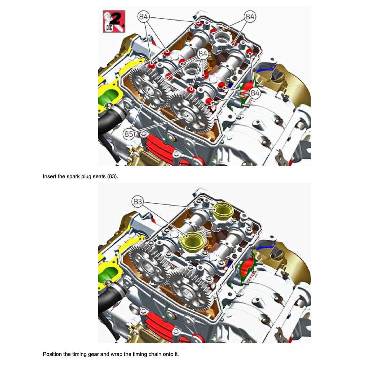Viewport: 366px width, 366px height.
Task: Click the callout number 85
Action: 129,134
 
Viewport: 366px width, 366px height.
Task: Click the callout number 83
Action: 138,202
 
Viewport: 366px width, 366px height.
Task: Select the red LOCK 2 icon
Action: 113,21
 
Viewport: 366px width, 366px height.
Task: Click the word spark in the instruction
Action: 73,177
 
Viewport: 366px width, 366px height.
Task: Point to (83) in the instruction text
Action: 112,177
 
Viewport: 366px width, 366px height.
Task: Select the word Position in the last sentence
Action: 52,354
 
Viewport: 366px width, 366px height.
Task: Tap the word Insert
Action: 49,177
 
